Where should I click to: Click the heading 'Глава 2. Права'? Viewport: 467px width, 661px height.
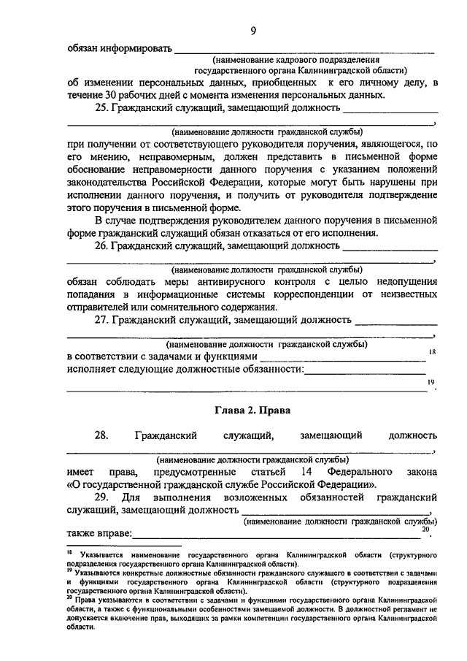[x=252, y=410]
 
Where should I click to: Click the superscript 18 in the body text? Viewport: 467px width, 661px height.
[x=431, y=352]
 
